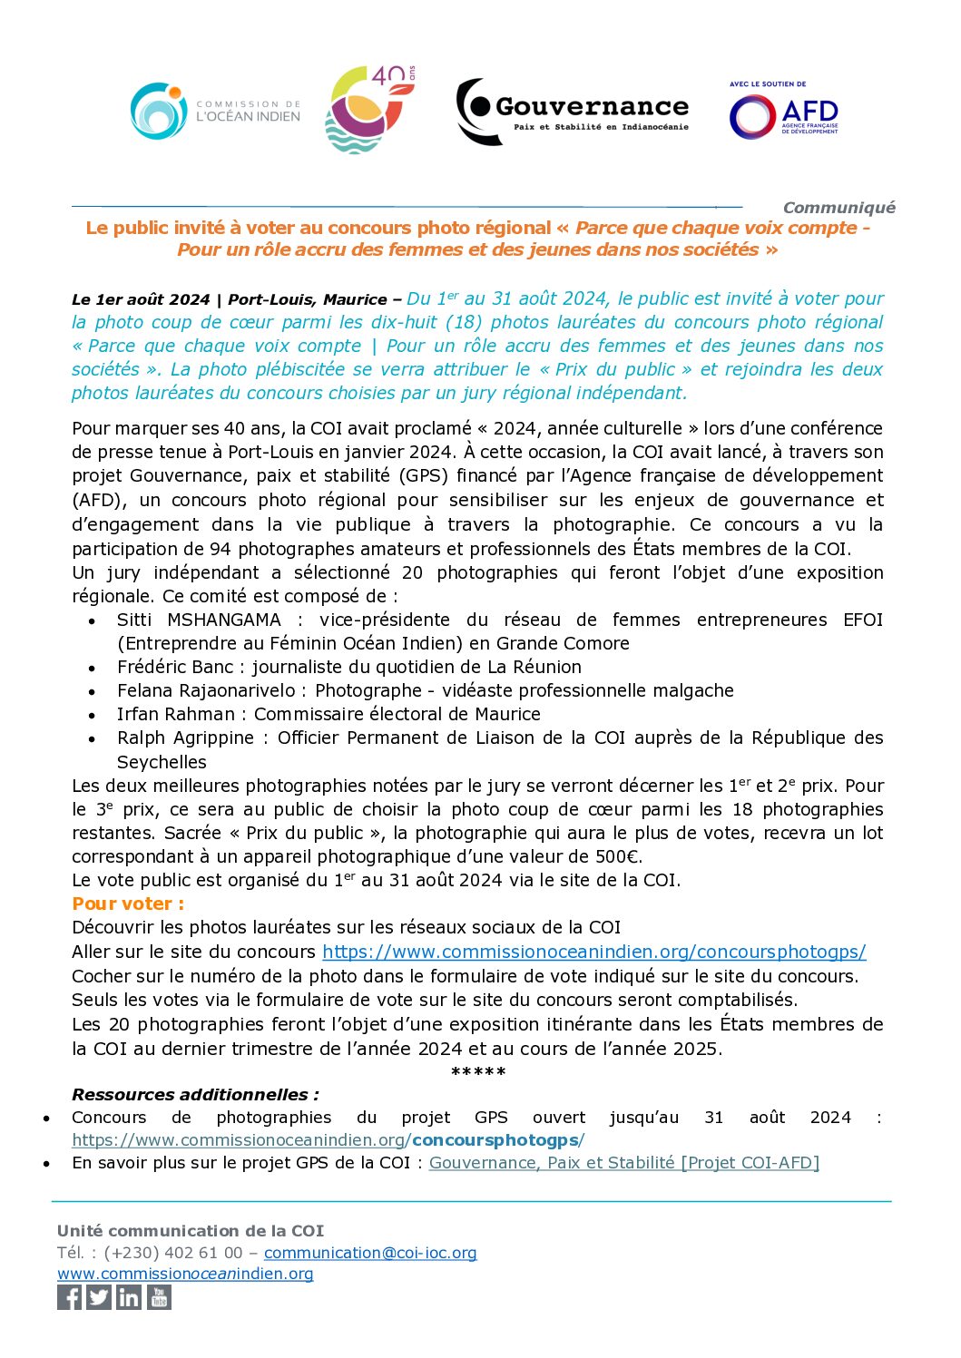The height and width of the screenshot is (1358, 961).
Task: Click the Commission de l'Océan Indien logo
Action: pos(215,111)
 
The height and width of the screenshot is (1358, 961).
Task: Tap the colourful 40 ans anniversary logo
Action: pos(370,109)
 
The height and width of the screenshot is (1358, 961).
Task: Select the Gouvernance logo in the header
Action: pos(572,112)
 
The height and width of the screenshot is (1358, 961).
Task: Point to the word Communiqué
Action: pos(838,208)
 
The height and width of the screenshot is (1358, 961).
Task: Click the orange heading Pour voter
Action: pos(128,904)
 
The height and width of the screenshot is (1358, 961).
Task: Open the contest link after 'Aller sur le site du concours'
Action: pos(593,952)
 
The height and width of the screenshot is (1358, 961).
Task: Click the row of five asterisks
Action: pos(478,1072)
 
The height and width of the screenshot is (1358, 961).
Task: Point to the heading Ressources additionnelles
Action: pos(195,1094)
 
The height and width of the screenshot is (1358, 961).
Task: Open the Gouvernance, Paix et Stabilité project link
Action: pos(623,1162)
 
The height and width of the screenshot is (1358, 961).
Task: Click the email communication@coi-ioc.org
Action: pos(370,1253)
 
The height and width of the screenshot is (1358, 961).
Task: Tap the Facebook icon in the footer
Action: pos(69,1297)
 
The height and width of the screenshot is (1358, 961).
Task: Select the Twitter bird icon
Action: pos(99,1297)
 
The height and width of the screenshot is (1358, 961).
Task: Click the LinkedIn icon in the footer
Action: pos(129,1297)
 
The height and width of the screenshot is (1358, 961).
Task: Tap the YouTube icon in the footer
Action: pos(159,1297)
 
